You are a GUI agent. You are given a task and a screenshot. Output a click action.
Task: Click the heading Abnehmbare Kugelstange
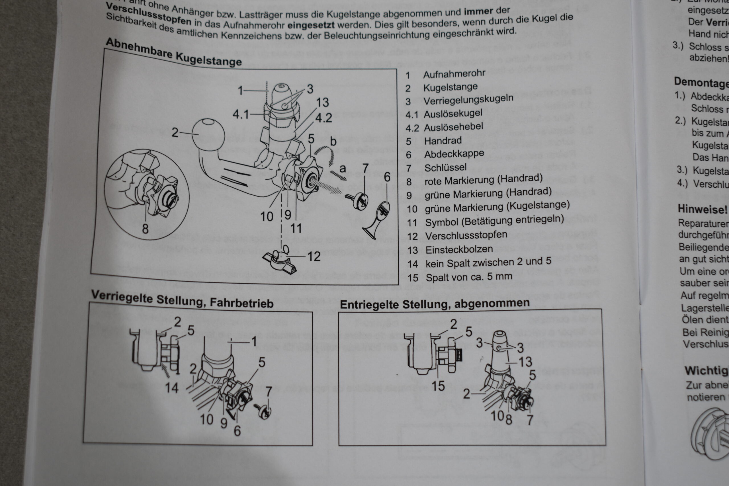(174, 52)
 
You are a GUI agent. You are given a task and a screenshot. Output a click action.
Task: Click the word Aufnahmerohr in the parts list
(454, 74)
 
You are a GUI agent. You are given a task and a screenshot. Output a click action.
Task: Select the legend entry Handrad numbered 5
(443, 141)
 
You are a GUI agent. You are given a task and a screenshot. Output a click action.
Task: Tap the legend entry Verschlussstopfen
(466, 235)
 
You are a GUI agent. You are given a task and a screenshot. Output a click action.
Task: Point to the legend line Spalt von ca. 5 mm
(469, 277)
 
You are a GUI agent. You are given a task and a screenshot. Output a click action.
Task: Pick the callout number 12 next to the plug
(314, 257)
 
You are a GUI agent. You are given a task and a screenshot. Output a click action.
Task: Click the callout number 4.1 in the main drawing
(241, 115)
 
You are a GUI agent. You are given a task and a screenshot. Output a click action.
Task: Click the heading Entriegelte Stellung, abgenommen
(435, 304)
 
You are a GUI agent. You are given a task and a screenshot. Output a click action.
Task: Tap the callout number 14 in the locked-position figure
(171, 388)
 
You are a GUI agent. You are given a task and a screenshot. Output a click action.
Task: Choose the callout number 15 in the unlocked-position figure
(438, 386)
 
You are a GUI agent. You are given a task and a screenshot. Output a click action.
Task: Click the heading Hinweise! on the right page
(702, 209)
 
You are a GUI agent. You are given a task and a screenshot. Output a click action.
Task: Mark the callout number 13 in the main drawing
(322, 102)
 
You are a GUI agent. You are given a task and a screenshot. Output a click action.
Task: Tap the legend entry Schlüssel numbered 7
(445, 168)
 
